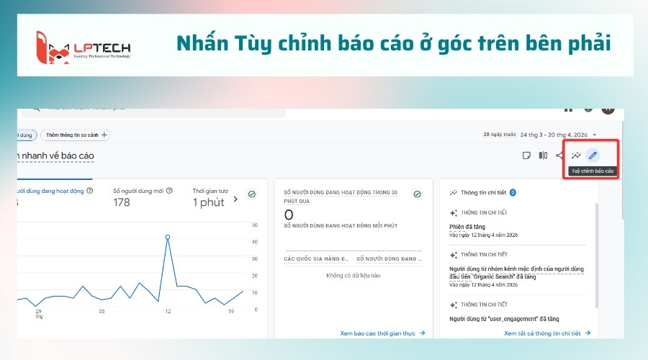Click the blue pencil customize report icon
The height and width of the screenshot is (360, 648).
tap(593, 155)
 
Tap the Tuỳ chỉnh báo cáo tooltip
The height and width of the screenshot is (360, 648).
tap(593, 171)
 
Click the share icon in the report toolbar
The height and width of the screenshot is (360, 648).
tap(559, 155)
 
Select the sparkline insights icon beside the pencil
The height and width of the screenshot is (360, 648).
tap(576, 155)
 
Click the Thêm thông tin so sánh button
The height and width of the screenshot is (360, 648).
tap(76, 135)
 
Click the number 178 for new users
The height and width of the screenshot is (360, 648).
tap(122, 203)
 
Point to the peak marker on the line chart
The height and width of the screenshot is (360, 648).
tap(168, 237)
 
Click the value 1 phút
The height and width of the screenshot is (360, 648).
tap(208, 203)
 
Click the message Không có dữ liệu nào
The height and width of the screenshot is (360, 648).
tap(353, 275)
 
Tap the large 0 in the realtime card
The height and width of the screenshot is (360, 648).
tap(289, 215)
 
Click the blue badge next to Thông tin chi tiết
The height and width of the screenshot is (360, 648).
tap(513, 193)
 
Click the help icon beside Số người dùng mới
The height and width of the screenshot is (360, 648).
tap(170, 191)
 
